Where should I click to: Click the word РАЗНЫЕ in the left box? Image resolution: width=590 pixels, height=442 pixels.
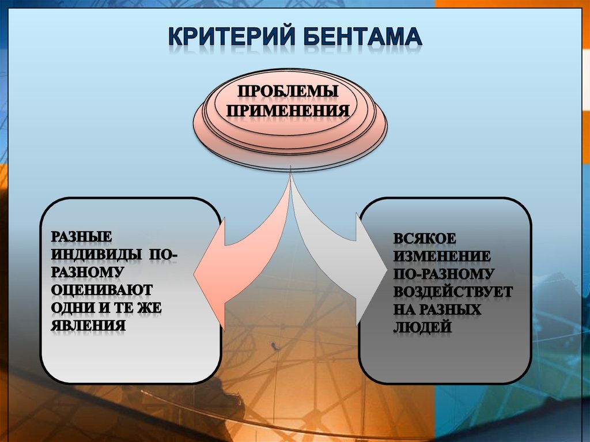point(81,236)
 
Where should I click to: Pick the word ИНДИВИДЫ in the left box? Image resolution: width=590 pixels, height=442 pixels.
point(96,254)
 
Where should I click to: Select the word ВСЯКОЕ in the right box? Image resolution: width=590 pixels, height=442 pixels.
point(425,239)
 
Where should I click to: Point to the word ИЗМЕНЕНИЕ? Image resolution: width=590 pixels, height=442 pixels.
point(442,256)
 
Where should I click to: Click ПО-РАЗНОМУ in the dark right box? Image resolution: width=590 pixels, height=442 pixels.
point(444,274)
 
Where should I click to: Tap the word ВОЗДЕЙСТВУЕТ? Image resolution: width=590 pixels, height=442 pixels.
point(453,292)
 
